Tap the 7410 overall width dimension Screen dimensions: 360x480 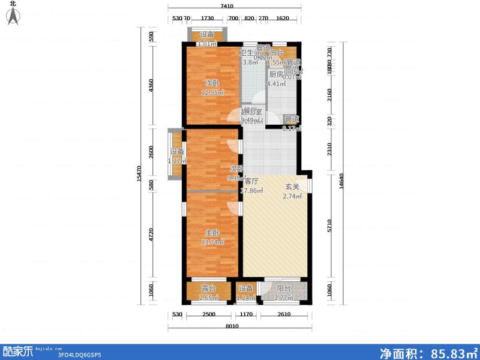[x=226, y=6]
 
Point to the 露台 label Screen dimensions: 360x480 [x=208, y=288]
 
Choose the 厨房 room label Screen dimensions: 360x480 [x=275, y=74]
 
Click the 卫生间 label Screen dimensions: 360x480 [x=250, y=53]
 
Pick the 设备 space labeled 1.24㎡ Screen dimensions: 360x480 [x=246, y=292]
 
